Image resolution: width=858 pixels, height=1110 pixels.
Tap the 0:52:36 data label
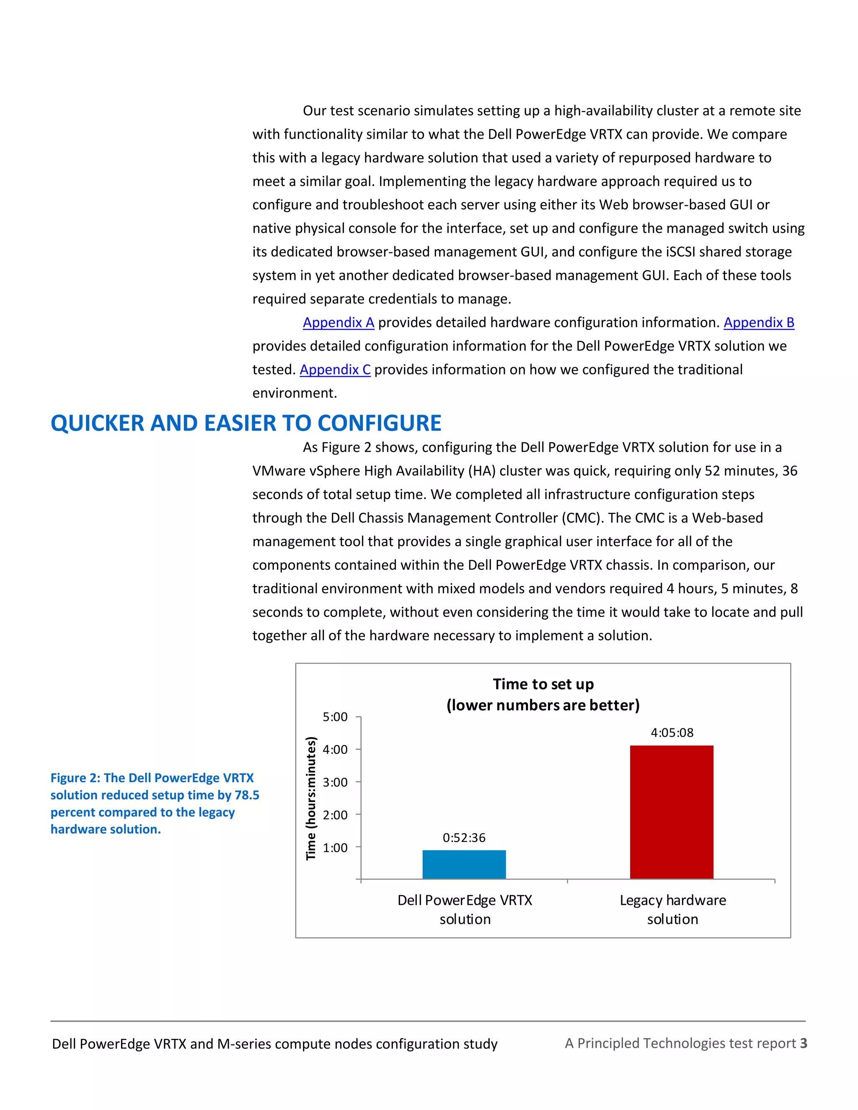[x=464, y=838]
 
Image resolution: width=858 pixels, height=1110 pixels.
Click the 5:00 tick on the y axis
[x=335, y=717]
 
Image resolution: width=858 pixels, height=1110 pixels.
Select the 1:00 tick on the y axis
[x=335, y=848]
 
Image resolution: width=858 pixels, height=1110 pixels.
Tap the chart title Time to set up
[x=543, y=684]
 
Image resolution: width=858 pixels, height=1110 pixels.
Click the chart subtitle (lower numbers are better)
[x=543, y=705]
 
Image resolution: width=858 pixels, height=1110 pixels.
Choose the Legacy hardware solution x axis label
[x=672, y=910]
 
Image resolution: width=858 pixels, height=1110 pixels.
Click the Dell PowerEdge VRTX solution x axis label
[x=465, y=910]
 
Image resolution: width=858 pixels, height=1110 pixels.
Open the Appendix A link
[x=339, y=322]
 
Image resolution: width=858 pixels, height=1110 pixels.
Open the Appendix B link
[x=758, y=322]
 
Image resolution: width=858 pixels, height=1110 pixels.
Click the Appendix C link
[x=335, y=369]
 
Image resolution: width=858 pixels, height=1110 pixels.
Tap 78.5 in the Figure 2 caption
[x=246, y=795]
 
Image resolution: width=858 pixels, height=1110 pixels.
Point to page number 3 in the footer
[x=803, y=1043]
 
